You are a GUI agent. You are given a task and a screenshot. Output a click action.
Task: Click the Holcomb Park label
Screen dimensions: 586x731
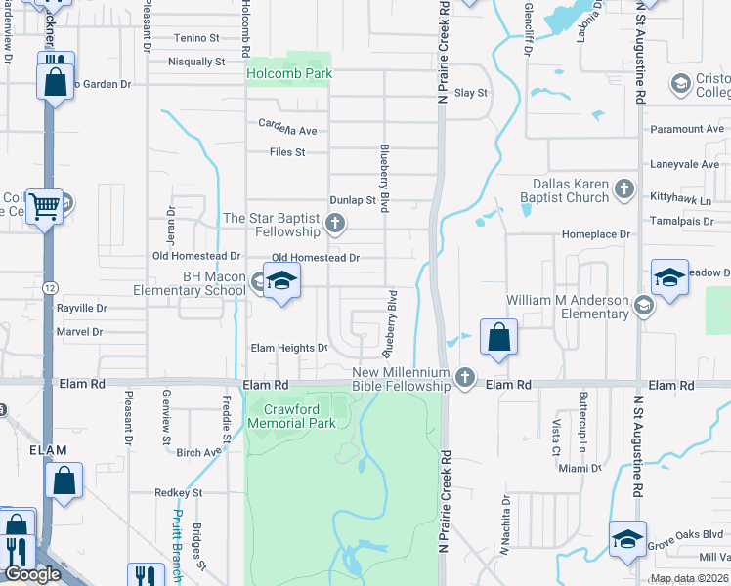(289, 73)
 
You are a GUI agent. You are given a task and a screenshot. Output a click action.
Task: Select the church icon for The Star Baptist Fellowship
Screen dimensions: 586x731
(335, 225)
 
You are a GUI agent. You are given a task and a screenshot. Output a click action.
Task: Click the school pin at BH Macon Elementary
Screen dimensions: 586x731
(281, 281)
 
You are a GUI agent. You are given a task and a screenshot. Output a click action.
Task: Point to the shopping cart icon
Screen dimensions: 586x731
(44, 206)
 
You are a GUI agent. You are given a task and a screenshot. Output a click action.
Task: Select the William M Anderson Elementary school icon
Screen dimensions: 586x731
(643, 307)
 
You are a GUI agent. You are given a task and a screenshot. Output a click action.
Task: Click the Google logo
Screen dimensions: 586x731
(32, 574)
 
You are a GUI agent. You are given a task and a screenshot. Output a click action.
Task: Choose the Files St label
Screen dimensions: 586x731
(287, 152)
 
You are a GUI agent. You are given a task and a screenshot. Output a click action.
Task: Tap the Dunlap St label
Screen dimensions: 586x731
(353, 200)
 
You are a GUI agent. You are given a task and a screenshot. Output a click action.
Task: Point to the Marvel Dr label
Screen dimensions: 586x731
(80, 332)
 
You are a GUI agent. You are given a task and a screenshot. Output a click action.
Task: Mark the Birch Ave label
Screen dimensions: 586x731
(199, 452)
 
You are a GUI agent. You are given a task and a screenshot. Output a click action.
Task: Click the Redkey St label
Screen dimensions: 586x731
(178, 493)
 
